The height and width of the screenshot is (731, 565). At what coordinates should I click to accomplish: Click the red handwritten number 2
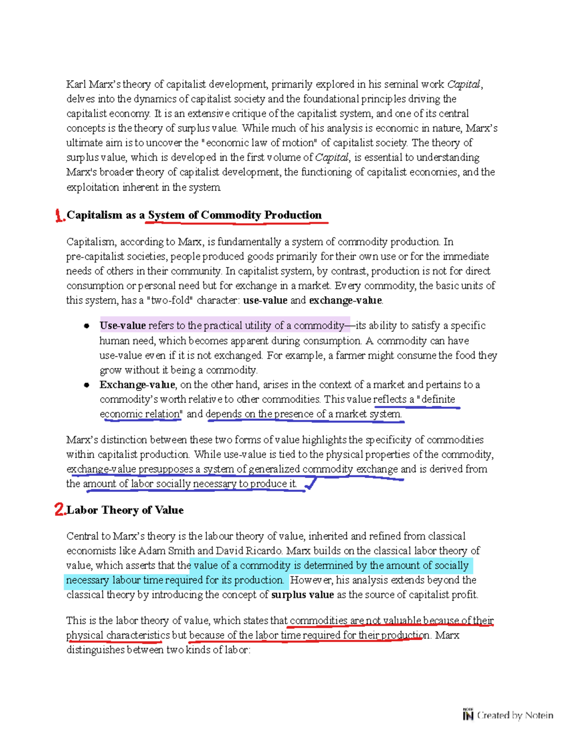[x=59, y=510]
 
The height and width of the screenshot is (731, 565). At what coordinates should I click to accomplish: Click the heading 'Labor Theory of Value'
[x=125, y=510]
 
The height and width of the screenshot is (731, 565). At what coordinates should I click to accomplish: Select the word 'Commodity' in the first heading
[x=231, y=215]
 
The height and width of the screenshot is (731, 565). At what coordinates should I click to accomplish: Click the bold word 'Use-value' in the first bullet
[x=122, y=326]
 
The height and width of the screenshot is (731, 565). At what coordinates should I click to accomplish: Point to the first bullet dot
[x=87, y=326]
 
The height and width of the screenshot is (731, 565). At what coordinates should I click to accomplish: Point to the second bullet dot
[x=87, y=385]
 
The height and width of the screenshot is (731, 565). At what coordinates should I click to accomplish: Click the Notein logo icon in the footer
[x=468, y=715]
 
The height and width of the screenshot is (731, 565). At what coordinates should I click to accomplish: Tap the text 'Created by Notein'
[x=515, y=715]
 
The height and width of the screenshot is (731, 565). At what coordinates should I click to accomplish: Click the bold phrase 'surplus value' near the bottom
[x=302, y=595]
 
